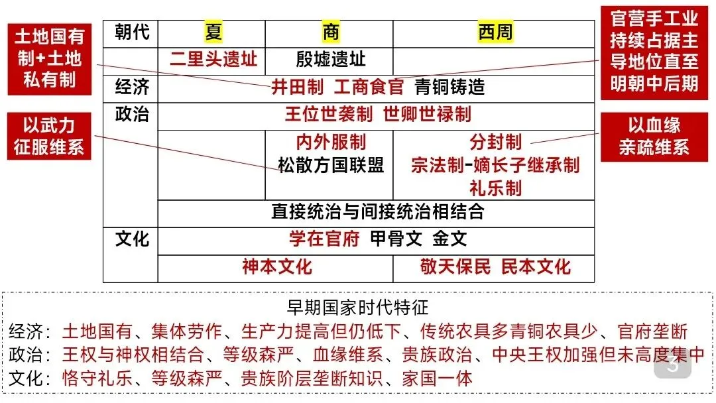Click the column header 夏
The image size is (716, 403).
pos(213,32)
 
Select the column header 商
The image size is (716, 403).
pos(330,32)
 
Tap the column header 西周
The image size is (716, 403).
pos(495,32)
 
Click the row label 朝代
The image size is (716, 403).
pos(132,32)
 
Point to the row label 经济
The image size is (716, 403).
pos(132,86)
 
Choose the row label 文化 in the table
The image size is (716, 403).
pos(132,239)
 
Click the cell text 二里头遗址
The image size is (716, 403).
pos(213,60)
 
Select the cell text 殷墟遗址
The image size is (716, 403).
pos(331,60)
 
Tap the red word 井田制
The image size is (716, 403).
pos(297,87)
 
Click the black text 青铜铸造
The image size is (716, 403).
pos(449,87)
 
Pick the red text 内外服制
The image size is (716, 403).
pos(331,142)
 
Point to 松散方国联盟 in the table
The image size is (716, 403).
pos(331,164)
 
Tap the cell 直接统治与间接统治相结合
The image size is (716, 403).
pos(377,211)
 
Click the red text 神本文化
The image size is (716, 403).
pos(276,266)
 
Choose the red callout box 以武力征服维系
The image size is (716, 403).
pos(49,136)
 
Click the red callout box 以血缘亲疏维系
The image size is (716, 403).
pos(654,136)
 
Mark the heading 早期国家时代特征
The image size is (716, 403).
pos(357,308)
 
